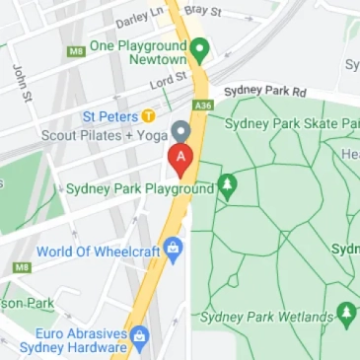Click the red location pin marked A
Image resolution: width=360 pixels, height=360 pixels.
point(180,158)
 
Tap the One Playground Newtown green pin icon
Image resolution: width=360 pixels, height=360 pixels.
point(200,49)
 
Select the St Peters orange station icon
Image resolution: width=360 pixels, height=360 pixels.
point(149,115)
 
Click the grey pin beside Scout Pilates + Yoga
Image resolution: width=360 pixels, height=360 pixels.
point(180,132)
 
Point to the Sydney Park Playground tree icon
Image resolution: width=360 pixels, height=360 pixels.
point(228,184)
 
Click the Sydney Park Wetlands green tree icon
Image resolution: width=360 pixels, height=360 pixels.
point(346,315)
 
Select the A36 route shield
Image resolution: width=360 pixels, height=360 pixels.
point(204,106)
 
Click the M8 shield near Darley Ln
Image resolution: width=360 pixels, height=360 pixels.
point(76,51)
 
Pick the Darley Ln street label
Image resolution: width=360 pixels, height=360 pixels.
point(137,18)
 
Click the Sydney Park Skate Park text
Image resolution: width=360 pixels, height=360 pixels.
point(292,123)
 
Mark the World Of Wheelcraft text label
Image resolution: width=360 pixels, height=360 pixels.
point(99,251)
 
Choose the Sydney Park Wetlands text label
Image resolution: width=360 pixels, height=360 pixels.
point(265,317)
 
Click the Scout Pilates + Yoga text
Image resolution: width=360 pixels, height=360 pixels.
point(106,134)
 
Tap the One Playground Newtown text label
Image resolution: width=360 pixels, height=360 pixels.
point(138,52)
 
